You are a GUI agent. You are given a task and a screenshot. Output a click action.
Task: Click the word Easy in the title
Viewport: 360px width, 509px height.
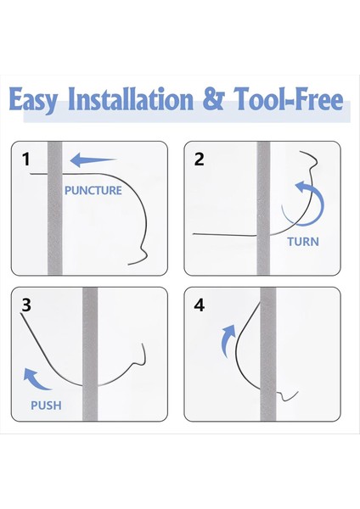click(33, 100)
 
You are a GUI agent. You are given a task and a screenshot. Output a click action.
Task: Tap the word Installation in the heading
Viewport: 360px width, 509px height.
click(131, 98)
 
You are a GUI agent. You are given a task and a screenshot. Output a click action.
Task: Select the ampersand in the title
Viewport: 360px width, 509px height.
click(213, 98)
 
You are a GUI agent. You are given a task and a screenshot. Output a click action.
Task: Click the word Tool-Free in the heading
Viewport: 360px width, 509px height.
click(289, 98)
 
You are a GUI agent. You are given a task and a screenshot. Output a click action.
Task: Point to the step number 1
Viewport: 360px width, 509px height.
click(26, 159)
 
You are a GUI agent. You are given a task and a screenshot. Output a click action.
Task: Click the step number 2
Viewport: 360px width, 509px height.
click(199, 159)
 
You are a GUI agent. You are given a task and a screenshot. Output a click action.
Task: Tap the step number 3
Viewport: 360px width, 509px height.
click(26, 305)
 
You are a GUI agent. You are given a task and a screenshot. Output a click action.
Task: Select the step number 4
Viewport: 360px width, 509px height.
click(200, 305)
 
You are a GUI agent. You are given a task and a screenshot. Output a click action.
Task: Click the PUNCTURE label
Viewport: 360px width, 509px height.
click(93, 190)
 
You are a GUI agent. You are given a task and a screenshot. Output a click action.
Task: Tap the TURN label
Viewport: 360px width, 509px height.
click(303, 242)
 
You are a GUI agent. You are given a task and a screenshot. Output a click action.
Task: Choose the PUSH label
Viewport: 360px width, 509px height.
click(46, 406)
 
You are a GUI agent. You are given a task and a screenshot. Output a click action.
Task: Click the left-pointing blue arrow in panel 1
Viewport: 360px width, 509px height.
click(93, 160)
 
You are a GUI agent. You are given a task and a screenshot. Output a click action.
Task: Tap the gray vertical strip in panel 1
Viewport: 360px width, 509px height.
click(54, 209)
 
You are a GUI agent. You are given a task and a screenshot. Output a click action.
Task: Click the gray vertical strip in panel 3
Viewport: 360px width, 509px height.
click(90, 354)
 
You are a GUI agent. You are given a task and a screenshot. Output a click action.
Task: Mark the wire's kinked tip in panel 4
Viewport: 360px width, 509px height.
click(297, 393)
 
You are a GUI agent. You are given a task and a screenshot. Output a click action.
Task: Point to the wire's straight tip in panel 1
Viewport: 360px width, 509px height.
click(31, 174)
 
